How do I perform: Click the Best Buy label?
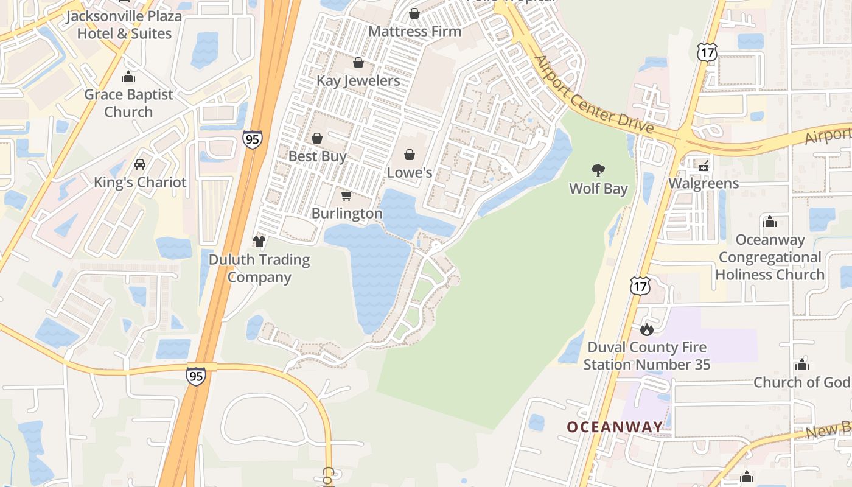(x=317, y=156)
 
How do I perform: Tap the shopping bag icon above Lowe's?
(x=410, y=155)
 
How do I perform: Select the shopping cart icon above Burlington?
(x=346, y=195)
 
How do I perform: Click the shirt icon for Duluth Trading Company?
(x=260, y=242)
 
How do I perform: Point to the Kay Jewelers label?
(x=358, y=80)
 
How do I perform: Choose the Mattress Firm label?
(x=414, y=31)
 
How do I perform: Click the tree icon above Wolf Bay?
(x=598, y=170)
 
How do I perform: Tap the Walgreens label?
(x=704, y=183)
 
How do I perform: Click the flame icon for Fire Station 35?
(x=646, y=329)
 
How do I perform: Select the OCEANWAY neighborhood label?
(x=615, y=427)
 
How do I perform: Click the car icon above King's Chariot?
(x=140, y=164)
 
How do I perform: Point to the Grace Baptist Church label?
(x=128, y=103)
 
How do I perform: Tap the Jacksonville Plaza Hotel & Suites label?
(x=124, y=24)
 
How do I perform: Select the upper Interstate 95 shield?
(x=252, y=139)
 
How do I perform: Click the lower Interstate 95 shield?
(x=196, y=376)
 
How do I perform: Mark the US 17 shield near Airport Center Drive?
(x=707, y=52)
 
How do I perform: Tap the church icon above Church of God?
(x=801, y=365)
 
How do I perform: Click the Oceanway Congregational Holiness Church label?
(x=770, y=257)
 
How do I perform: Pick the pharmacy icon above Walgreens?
(x=704, y=165)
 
